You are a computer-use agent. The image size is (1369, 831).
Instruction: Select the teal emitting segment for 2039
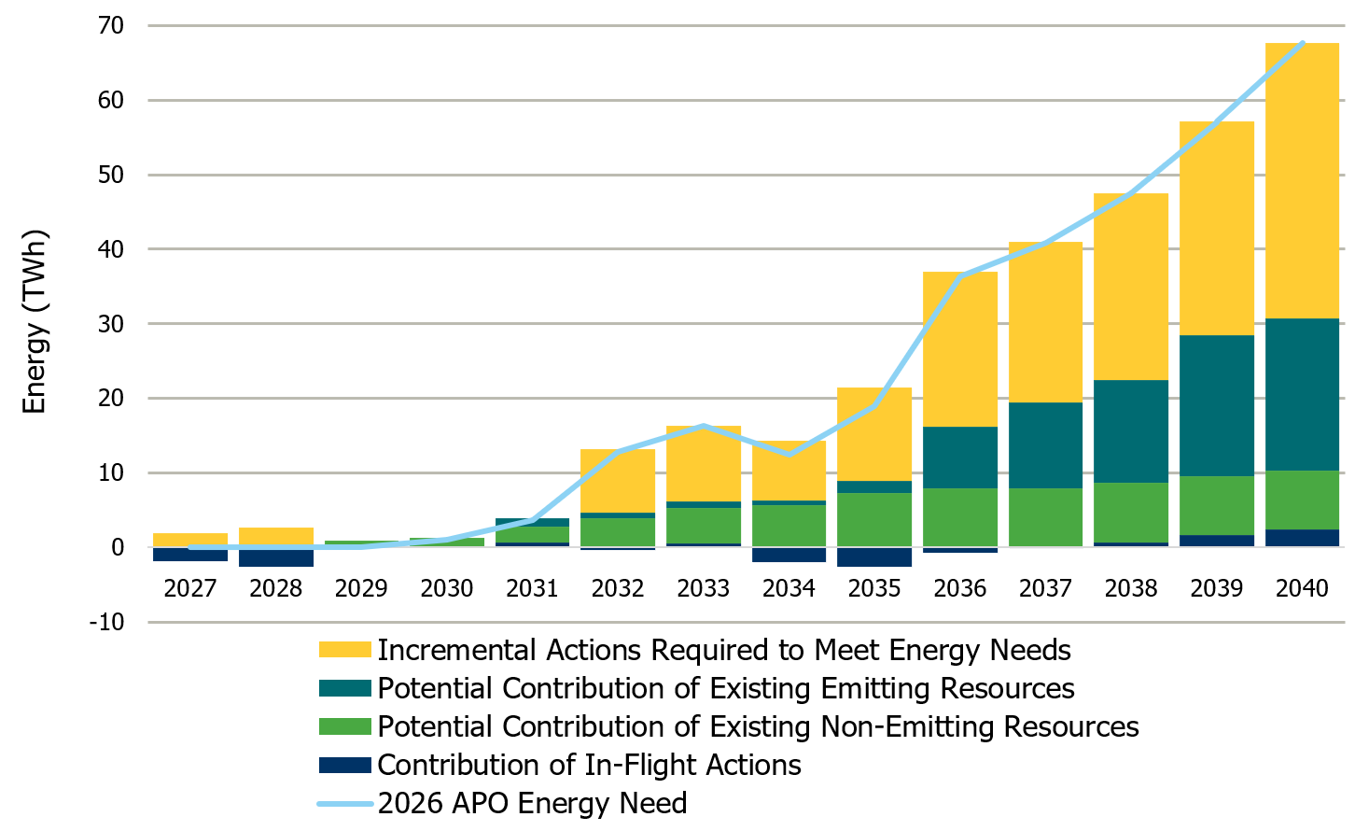[x=1216, y=406]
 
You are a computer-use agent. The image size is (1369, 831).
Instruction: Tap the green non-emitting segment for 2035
[x=874, y=519]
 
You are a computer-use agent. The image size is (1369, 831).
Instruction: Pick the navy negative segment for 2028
[x=276, y=557]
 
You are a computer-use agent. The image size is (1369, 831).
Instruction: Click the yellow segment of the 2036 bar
[x=960, y=350]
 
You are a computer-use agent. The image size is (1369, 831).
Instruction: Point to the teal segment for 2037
[x=1045, y=445]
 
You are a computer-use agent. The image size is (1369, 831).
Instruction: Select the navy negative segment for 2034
[x=789, y=555]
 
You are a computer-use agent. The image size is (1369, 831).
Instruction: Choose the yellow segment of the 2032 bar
[x=618, y=481]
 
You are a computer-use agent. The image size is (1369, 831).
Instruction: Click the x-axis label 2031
[x=532, y=588]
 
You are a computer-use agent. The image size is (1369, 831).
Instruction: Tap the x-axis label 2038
[x=1131, y=588]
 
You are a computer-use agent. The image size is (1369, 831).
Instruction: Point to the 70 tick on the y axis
[x=110, y=25]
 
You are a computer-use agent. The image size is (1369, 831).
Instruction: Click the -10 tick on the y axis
[x=106, y=622]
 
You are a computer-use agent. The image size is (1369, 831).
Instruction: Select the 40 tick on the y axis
[x=110, y=249]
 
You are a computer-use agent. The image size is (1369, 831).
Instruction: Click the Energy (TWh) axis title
[x=35, y=322]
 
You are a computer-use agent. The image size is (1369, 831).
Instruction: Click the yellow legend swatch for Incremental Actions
[x=344, y=650]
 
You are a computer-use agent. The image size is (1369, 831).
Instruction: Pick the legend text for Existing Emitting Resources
[x=725, y=688]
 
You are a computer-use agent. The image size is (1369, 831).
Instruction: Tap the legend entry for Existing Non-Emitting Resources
[x=757, y=726]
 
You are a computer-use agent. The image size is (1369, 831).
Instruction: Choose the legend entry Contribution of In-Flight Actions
[x=589, y=765]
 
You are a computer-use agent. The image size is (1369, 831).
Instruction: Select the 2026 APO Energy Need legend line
[x=344, y=803]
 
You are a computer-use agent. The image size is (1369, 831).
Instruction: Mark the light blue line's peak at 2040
[x=1302, y=43]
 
